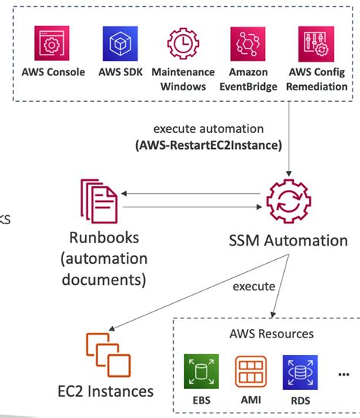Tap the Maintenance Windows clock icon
click(x=183, y=46)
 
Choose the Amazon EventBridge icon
click(x=248, y=46)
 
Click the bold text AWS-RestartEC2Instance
click(x=208, y=144)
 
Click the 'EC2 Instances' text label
click(x=106, y=391)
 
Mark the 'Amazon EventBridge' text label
click(x=248, y=79)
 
